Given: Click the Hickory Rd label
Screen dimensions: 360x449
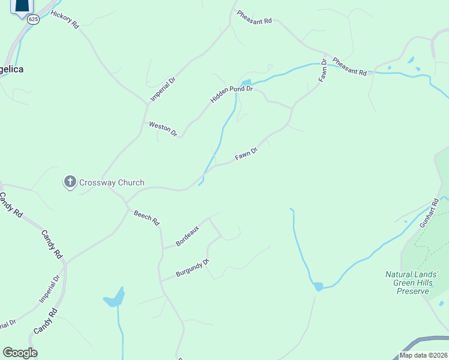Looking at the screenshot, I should pos(65,19).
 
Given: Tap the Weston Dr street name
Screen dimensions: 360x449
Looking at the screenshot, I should pos(163,128).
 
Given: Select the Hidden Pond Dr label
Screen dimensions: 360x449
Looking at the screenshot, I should pos(232,92).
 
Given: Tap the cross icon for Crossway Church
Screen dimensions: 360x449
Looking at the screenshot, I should pos(70,181).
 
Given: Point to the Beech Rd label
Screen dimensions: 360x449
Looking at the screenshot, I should pos(146,218).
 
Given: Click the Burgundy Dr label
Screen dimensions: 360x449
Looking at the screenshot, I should pos(192,268).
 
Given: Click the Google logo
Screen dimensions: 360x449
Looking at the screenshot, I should pos(20,353).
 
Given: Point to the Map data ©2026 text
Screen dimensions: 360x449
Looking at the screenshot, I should pos(423,355).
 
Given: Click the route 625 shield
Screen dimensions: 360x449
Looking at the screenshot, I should pos(33,19).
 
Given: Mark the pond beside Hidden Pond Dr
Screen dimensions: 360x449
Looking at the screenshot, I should pos(246,82).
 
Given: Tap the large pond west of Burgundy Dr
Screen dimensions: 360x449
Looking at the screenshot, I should pos(114,298).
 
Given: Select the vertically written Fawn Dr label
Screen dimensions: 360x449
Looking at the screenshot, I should pos(323,70).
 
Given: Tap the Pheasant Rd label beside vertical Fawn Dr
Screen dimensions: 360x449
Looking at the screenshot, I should pos(349,67).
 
